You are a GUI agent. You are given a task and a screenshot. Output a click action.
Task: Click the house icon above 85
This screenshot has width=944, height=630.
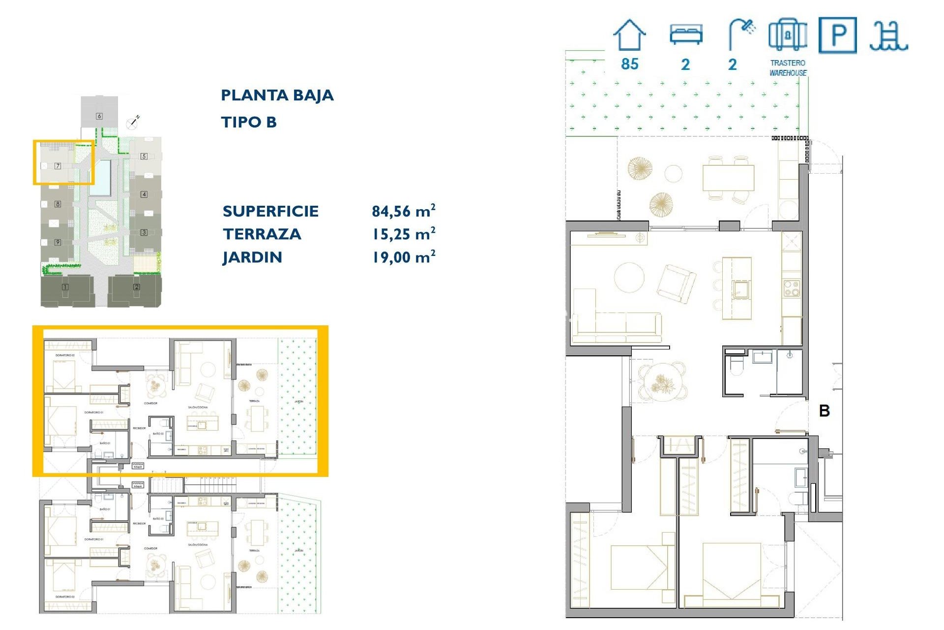coord(629,35)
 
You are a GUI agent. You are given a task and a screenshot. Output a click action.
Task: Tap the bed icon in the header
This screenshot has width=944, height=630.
coord(686,34)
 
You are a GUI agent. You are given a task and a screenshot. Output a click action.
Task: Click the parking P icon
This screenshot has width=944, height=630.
coord(838,35)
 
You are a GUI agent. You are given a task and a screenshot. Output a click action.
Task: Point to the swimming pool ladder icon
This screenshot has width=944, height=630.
coord(888,36)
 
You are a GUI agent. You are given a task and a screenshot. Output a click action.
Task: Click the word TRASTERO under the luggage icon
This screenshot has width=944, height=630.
coord(788,63)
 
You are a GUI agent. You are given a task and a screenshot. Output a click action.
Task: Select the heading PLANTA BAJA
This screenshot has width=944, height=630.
coord(277,95)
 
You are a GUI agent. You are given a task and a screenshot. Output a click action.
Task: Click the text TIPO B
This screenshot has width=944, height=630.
coord(249,122)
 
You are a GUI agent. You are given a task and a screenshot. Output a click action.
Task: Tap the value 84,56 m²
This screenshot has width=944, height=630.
coord(403,211)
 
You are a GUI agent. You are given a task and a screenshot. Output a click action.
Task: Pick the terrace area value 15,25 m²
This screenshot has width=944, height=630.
coord(403,234)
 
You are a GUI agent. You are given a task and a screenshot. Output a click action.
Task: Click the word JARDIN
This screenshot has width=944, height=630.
coord(252,257)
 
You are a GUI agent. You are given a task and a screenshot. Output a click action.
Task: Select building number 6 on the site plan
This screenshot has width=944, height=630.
coord(99,116)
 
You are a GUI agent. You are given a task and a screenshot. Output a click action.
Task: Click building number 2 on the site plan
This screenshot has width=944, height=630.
coord(136,287)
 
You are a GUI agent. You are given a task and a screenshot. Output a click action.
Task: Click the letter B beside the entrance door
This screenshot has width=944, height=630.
coord(825,411)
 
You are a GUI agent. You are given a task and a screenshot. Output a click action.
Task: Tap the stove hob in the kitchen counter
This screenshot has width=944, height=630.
coord(791,288)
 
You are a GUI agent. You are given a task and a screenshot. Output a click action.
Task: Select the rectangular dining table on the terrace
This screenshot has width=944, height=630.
coord(728,178)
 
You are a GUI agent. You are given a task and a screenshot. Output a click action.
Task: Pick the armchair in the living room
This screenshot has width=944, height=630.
coord(677,283)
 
